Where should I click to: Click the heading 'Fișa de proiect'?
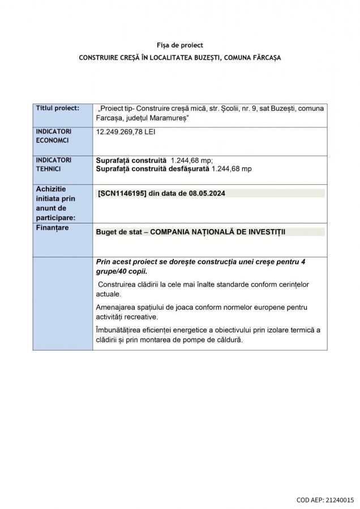(x=179, y=45)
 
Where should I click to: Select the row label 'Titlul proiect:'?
(x=58, y=107)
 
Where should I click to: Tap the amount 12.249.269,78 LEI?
(x=126, y=132)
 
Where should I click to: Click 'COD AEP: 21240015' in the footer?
(x=325, y=500)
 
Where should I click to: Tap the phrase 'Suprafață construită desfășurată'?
(x=152, y=169)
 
